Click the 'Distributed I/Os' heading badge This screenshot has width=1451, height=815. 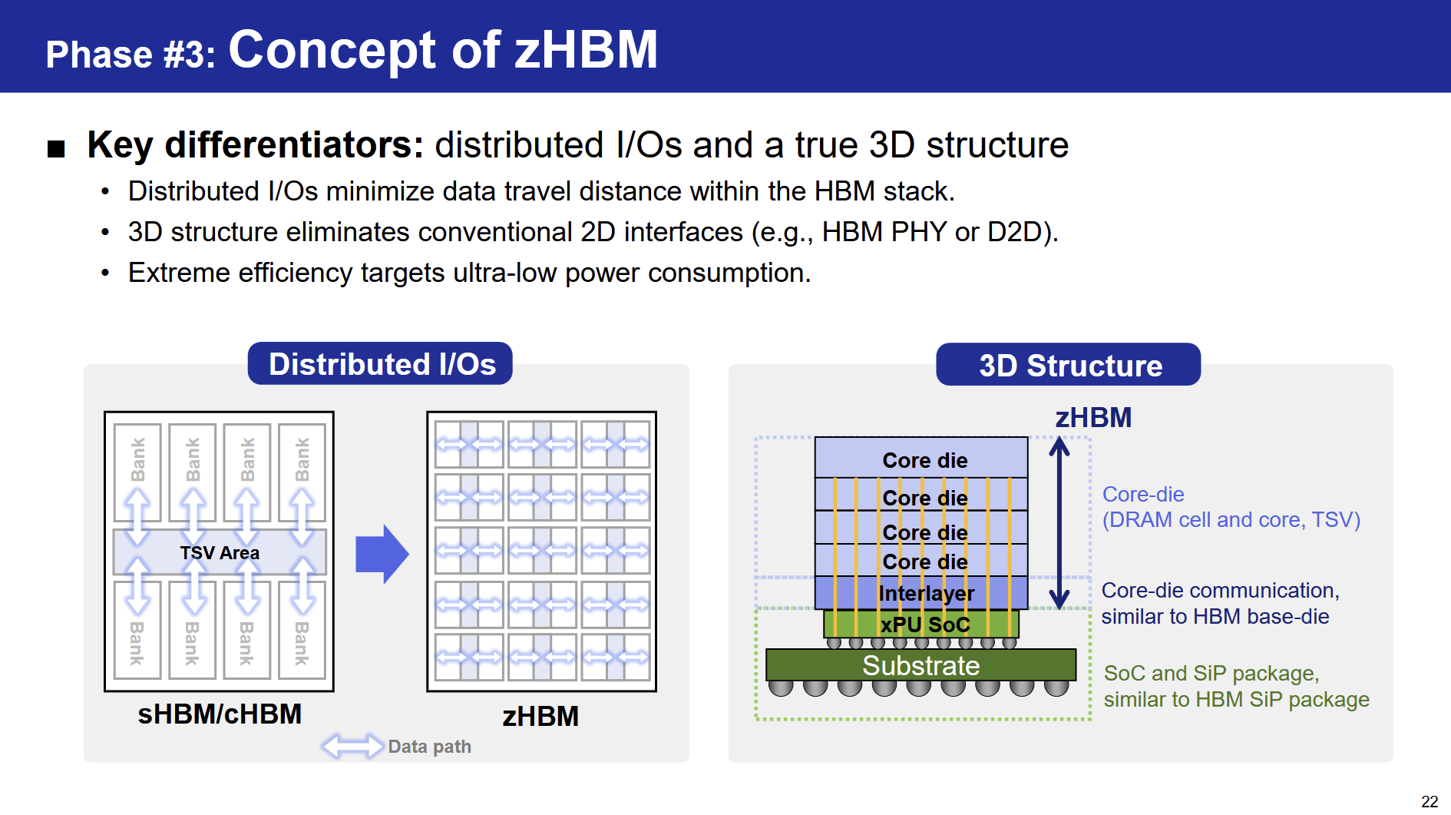point(380,363)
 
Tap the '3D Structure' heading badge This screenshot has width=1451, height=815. point(1069,365)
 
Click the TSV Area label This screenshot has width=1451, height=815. point(220,553)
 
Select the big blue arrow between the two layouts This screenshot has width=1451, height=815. point(382,554)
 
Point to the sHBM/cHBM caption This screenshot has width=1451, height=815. point(220,714)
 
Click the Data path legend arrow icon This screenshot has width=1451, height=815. point(352,746)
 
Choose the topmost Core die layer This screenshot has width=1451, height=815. point(921,458)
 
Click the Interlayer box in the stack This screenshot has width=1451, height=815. point(921,593)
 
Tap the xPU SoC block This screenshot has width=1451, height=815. point(921,625)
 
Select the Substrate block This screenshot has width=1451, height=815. point(921,665)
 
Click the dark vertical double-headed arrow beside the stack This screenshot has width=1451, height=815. point(1059,523)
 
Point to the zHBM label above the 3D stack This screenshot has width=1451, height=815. point(1093,418)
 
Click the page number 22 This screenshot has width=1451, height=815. point(1430,801)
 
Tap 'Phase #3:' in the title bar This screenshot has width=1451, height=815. point(131,55)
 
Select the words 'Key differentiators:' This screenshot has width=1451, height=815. point(256,144)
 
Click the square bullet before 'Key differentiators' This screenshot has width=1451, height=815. point(56,148)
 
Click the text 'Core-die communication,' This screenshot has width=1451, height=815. point(1220,590)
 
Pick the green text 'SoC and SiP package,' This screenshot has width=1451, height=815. point(1211,673)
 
